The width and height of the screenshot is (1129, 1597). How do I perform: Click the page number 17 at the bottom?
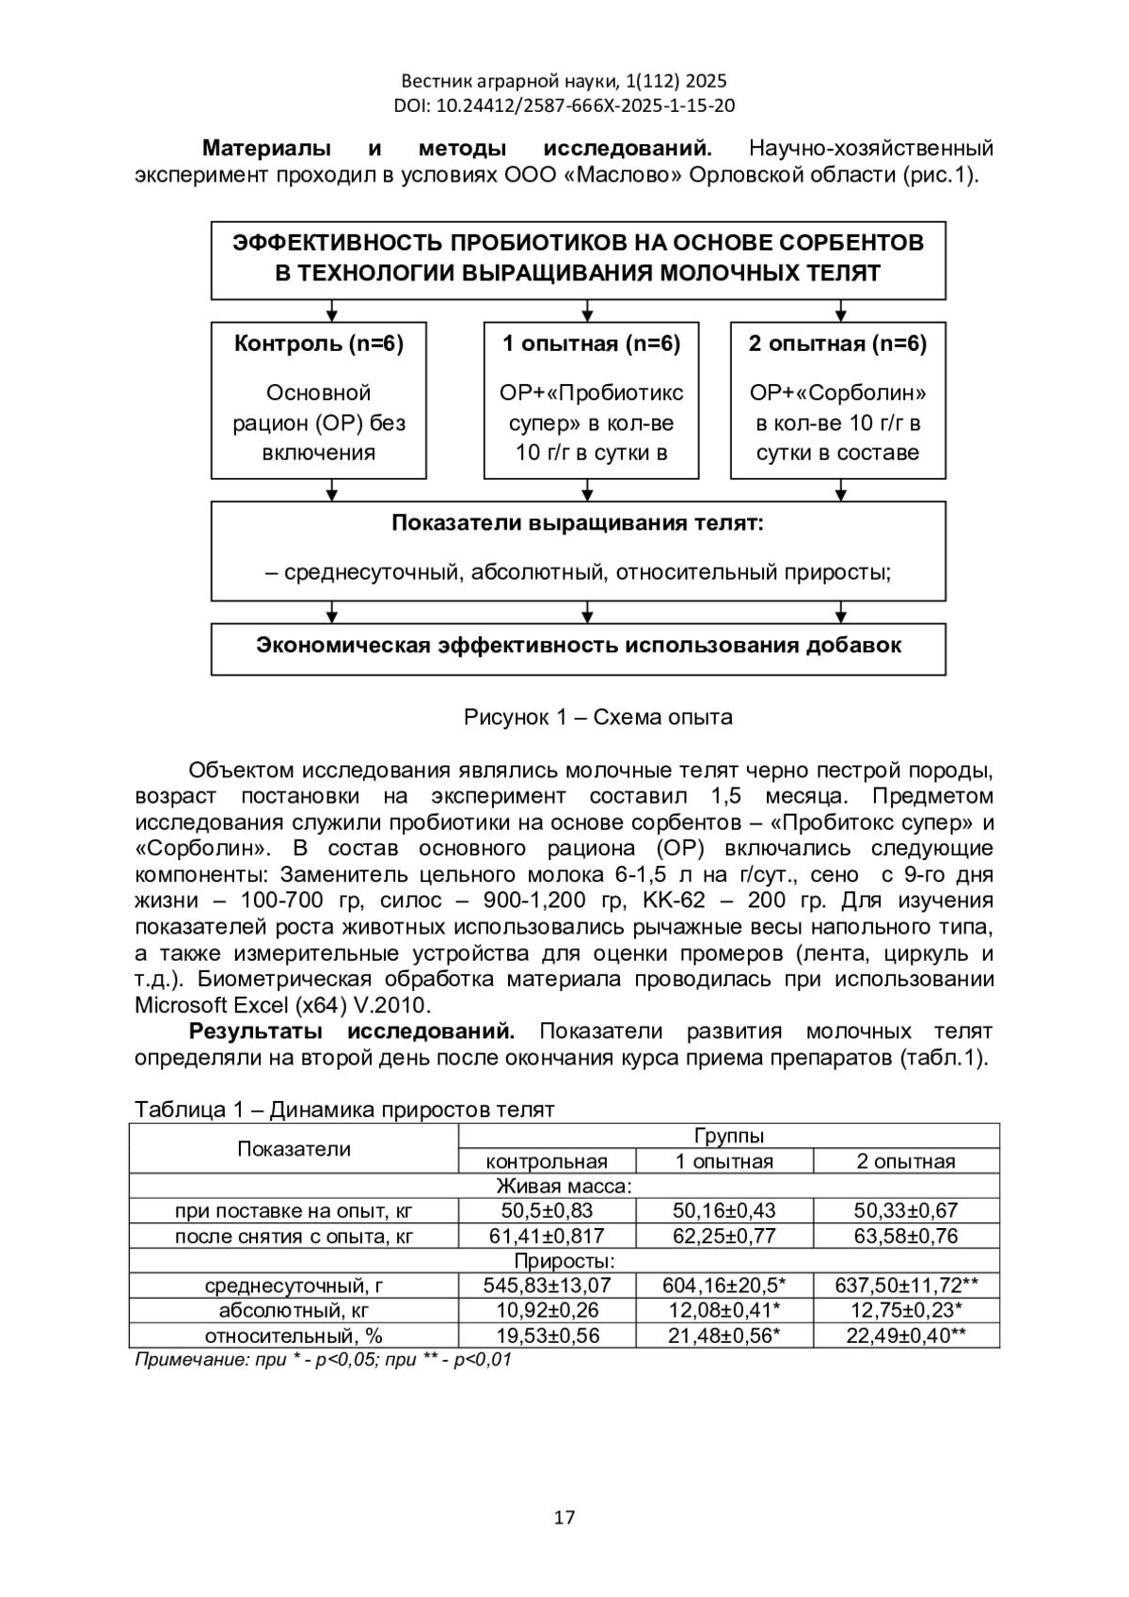[x=564, y=1516]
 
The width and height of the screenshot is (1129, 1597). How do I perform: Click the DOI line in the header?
[x=564, y=105]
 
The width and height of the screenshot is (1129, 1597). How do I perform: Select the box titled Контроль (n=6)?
[x=318, y=401]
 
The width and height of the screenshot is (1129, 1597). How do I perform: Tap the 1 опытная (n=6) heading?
[x=591, y=343]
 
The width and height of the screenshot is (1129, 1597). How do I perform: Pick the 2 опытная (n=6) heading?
[x=837, y=343]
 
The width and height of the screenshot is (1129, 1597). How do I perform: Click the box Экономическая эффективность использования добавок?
[x=578, y=647]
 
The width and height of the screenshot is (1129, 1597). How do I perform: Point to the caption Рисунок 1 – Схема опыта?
[x=597, y=717]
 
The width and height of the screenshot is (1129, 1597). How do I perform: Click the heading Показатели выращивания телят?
[x=578, y=523]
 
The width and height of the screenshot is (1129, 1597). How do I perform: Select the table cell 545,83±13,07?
[x=547, y=1286]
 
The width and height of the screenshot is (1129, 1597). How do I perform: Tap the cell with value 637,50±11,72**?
[x=906, y=1286]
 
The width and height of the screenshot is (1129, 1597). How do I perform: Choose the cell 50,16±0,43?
[x=724, y=1210]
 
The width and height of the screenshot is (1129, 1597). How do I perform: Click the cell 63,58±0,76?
[x=906, y=1236]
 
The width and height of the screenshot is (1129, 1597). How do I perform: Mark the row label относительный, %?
[x=294, y=1335]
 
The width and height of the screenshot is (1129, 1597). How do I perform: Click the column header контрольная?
[x=547, y=1161]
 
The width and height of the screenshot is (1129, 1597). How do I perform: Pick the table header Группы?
[x=728, y=1136]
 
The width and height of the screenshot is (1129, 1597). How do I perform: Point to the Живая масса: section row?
[x=564, y=1186]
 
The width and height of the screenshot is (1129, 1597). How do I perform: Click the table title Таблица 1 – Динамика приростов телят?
[x=344, y=1110]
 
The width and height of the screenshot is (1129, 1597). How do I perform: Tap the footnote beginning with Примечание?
[x=323, y=1360]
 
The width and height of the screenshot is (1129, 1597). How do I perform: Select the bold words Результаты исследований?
[x=352, y=1031]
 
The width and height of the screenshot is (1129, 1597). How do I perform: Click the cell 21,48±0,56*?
[x=724, y=1335]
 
